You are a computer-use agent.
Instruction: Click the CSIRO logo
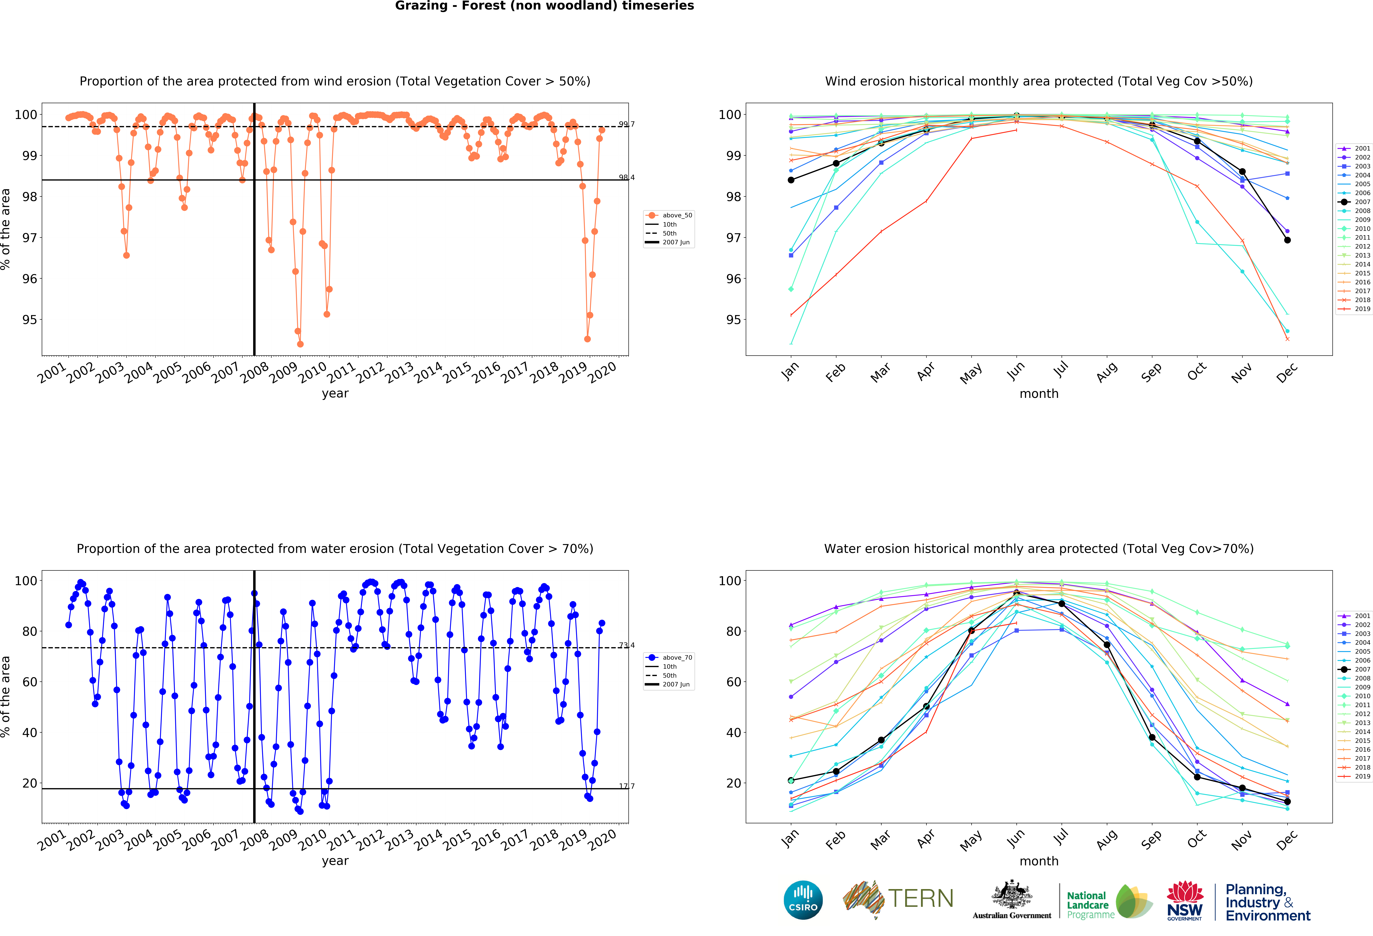[x=803, y=900]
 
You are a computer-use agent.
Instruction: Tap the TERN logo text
[x=921, y=899]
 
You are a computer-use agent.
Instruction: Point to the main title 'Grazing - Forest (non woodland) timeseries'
[x=544, y=6]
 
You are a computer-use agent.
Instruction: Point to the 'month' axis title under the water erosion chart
[x=1039, y=861]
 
